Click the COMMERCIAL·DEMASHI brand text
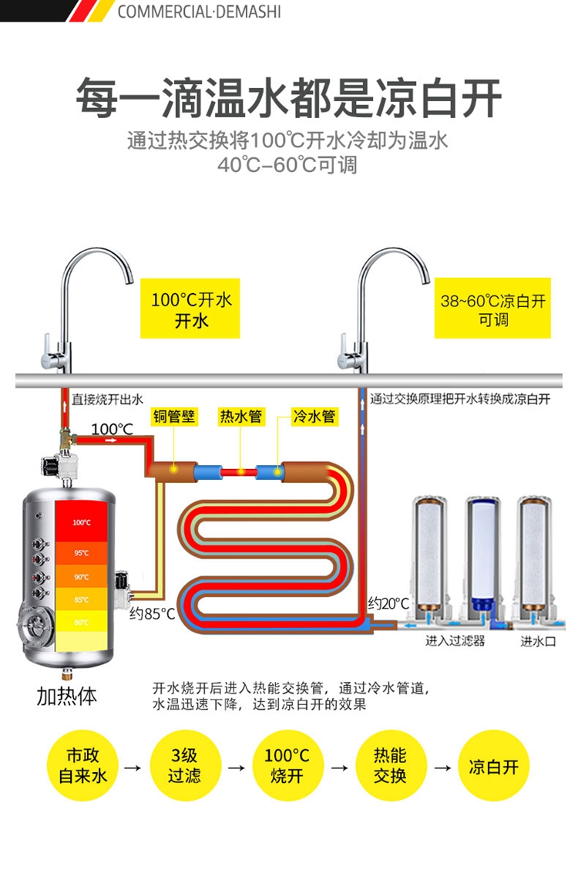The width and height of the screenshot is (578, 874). click(x=199, y=12)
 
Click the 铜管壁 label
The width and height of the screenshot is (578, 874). click(x=173, y=417)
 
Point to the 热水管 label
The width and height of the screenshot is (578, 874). click(x=240, y=417)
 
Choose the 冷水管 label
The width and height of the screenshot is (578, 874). click(x=314, y=417)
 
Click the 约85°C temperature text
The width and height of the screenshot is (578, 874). click(x=152, y=615)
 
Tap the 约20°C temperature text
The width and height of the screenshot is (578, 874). click(x=388, y=603)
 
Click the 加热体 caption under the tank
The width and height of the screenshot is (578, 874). click(x=67, y=696)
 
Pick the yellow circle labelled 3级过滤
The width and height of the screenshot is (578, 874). click(x=185, y=765)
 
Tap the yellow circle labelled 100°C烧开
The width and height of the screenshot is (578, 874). click(x=287, y=765)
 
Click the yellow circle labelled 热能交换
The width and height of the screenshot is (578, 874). click(x=390, y=765)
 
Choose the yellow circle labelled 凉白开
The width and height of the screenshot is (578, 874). click(x=493, y=765)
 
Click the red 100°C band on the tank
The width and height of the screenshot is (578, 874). click(x=82, y=522)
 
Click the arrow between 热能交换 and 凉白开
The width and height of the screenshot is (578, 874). click(x=442, y=768)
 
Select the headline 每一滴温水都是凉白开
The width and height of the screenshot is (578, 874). click(x=288, y=98)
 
